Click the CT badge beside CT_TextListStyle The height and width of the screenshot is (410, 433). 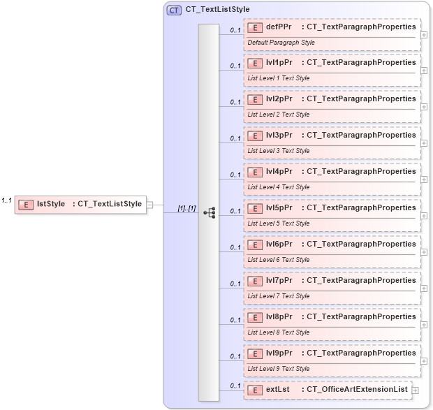pyautogui.click(x=174, y=10)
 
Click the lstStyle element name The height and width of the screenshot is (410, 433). pyautogui.click(x=50, y=204)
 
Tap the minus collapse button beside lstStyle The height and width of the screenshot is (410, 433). pyautogui.click(x=150, y=205)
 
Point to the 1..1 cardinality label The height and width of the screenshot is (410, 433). pyautogui.click(x=6, y=200)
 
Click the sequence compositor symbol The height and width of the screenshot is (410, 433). pyautogui.click(x=209, y=212)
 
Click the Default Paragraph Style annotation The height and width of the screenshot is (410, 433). pyautogui.click(x=281, y=43)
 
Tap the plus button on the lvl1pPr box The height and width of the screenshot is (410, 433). pyautogui.click(x=424, y=71)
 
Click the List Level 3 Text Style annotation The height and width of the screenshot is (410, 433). pyautogui.click(x=279, y=151)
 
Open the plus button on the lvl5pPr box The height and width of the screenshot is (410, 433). pyautogui.click(x=424, y=216)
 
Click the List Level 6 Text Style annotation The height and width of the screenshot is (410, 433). pyautogui.click(x=279, y=260)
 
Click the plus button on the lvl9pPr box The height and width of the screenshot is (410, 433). pyautogui.click(x=424, y=361)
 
